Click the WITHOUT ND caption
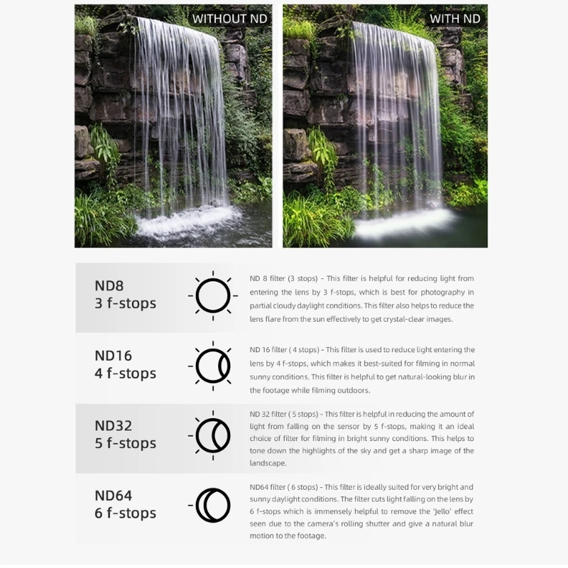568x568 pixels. pyautogui.click(x=229, y=18)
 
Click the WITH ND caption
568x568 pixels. pyautogui.click(x=454, y=18)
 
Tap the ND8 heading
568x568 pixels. pyautogui.click(x=109, y=285)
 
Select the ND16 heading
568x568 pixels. pyautogui.click(x=113, y=356)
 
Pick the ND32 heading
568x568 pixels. pyautogui.click(x=113, y=425)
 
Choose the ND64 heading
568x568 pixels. pyautogui.click(x=113, y=496)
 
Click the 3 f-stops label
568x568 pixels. pyautogui.click(x=125, y=303)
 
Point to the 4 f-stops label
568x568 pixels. pyautogui.click(x=125, y=373)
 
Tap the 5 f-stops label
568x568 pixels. pyautogui.click(x=125, y=443)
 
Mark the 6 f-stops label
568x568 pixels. pyautogui.click(x=125, y=513)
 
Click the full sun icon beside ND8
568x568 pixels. pyautogui.click(x=213, y=295)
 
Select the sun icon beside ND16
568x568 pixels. pyautogui.click(x=212, y=366)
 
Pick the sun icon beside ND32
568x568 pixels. pyautogui.click(x=212, y=435)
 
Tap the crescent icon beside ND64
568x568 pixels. pyautogui.click(x=212, y=506)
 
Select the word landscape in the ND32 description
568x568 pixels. pyautogui.click(x=268, y=463)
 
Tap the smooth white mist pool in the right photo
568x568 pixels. pyautogui.click(x=398, y=226)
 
